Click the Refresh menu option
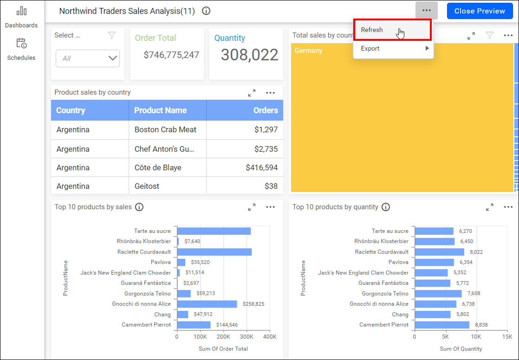[372, 30]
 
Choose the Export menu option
[370, 48]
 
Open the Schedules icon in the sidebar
[21, 44]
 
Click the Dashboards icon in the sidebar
[21, 11]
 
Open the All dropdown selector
[88, 58]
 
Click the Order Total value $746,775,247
[171, 55]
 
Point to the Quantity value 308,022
[249, 55]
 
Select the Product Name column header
[161, 110]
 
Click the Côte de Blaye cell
[158, 167]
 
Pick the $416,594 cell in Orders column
[261, 167]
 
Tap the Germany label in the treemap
[308, 51]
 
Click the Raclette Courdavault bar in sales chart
[214, 252]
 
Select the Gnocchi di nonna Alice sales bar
[207, 304]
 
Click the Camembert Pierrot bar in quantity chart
[442, 325]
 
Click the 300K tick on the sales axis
[247, 337]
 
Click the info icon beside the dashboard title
[207, 11]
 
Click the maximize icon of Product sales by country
[252, 93]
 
